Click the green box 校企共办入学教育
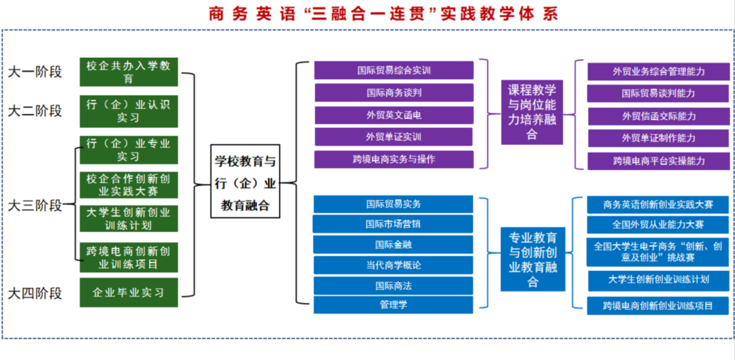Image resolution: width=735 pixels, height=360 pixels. (x=129, y=72)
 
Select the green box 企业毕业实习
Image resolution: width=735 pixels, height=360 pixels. (x=129, y=293)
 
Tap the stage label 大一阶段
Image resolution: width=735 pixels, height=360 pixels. (x=35, y=71)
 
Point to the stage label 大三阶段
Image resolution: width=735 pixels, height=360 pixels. (x=35, y=205)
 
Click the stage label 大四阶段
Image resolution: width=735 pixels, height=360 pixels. (x=35, y=293)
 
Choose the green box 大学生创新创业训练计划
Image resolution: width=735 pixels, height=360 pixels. (x=129, y=218)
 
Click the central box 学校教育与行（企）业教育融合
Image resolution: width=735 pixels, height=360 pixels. (x=245, y=183)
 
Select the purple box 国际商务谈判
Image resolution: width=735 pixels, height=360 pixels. (x=394, y=93)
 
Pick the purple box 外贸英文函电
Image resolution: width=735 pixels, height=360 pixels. (x=394, y=115)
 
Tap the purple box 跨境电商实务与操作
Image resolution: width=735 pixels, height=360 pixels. (x=394, y=159)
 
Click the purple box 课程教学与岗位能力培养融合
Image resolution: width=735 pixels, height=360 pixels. (x=532, y=112)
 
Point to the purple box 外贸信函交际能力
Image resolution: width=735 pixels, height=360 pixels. (x=658, y=116)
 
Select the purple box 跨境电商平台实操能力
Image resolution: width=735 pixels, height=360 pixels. (x=658, y=161)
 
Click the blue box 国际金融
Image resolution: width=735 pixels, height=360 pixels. (x=393, y=244)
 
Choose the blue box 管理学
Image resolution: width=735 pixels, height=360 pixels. (x=393, y=304)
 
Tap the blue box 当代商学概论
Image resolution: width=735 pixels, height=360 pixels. (x=393, y=265)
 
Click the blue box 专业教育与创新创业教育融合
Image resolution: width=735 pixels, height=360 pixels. (x=533, y=259)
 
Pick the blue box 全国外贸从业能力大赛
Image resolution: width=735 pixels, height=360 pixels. (x=658, y=224)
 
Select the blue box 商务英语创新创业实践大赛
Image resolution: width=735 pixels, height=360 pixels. (x=658, y=204)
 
